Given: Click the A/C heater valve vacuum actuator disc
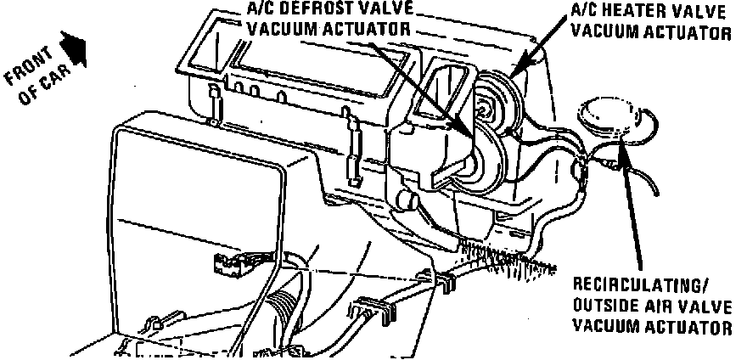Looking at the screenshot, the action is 509,93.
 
